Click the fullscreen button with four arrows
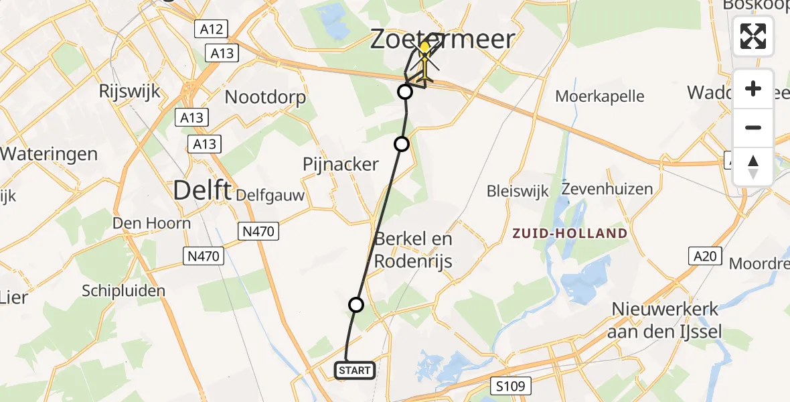coord(753,36)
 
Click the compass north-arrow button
coord(753,167)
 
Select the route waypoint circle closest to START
coord(356,305)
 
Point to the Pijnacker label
coord(341,164)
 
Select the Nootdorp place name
coord(265,97)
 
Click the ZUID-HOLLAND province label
coord(570,234)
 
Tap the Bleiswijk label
coord(518,192)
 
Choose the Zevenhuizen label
coord(607,189)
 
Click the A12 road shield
coord(212,29)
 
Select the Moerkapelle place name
coord(600,96)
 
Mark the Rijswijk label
coord(129,91)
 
